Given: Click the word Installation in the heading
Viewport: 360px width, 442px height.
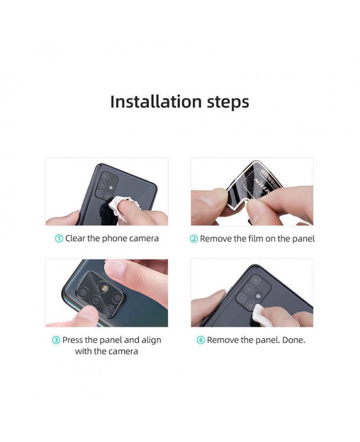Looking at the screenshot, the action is pos(156,102).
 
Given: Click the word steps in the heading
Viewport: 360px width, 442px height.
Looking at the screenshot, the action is pos(228,102).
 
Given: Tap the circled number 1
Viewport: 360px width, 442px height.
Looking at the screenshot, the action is pos(59,239).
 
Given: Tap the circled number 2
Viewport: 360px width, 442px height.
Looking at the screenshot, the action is pos(194,239).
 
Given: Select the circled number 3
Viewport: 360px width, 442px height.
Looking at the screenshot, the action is pos(56,340).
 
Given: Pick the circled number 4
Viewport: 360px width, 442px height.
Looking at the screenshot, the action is pos(200,340).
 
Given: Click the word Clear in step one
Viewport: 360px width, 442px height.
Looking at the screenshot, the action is pos(75,239).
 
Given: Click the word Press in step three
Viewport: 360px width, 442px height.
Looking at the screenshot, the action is pos(73,340).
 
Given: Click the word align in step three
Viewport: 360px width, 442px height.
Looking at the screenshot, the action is pos(151,340).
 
